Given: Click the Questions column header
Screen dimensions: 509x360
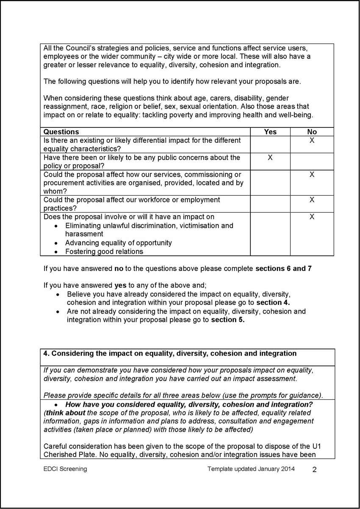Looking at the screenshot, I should [x=61, y=132].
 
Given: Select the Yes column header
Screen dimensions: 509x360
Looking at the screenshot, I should [x=270, y=132].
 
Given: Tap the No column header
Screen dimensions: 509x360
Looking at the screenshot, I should [x=312, y=132].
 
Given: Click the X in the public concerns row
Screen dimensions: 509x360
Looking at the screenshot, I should [x=270, y=158].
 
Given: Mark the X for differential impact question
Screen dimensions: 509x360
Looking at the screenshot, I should [x=312, y=140].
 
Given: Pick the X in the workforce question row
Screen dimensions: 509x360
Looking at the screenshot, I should [x=312, y=199].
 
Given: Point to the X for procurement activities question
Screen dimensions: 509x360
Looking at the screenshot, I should [x=312, y=174].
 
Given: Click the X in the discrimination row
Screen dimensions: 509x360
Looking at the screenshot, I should [x=312, y=217].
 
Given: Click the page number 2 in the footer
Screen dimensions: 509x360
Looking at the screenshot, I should [x=314, y=470].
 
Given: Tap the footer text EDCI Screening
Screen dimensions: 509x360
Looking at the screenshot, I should [x=65, y=469].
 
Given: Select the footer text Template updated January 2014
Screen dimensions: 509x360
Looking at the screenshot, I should [x=251, y=469].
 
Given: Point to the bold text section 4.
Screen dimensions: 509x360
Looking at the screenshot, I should [x=271, y=302].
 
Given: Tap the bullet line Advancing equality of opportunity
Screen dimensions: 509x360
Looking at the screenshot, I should [x=119, y=243].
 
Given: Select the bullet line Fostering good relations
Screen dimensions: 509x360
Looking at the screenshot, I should [x=104, y=252].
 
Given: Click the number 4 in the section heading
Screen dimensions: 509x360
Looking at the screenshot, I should [x=46, y=353].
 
